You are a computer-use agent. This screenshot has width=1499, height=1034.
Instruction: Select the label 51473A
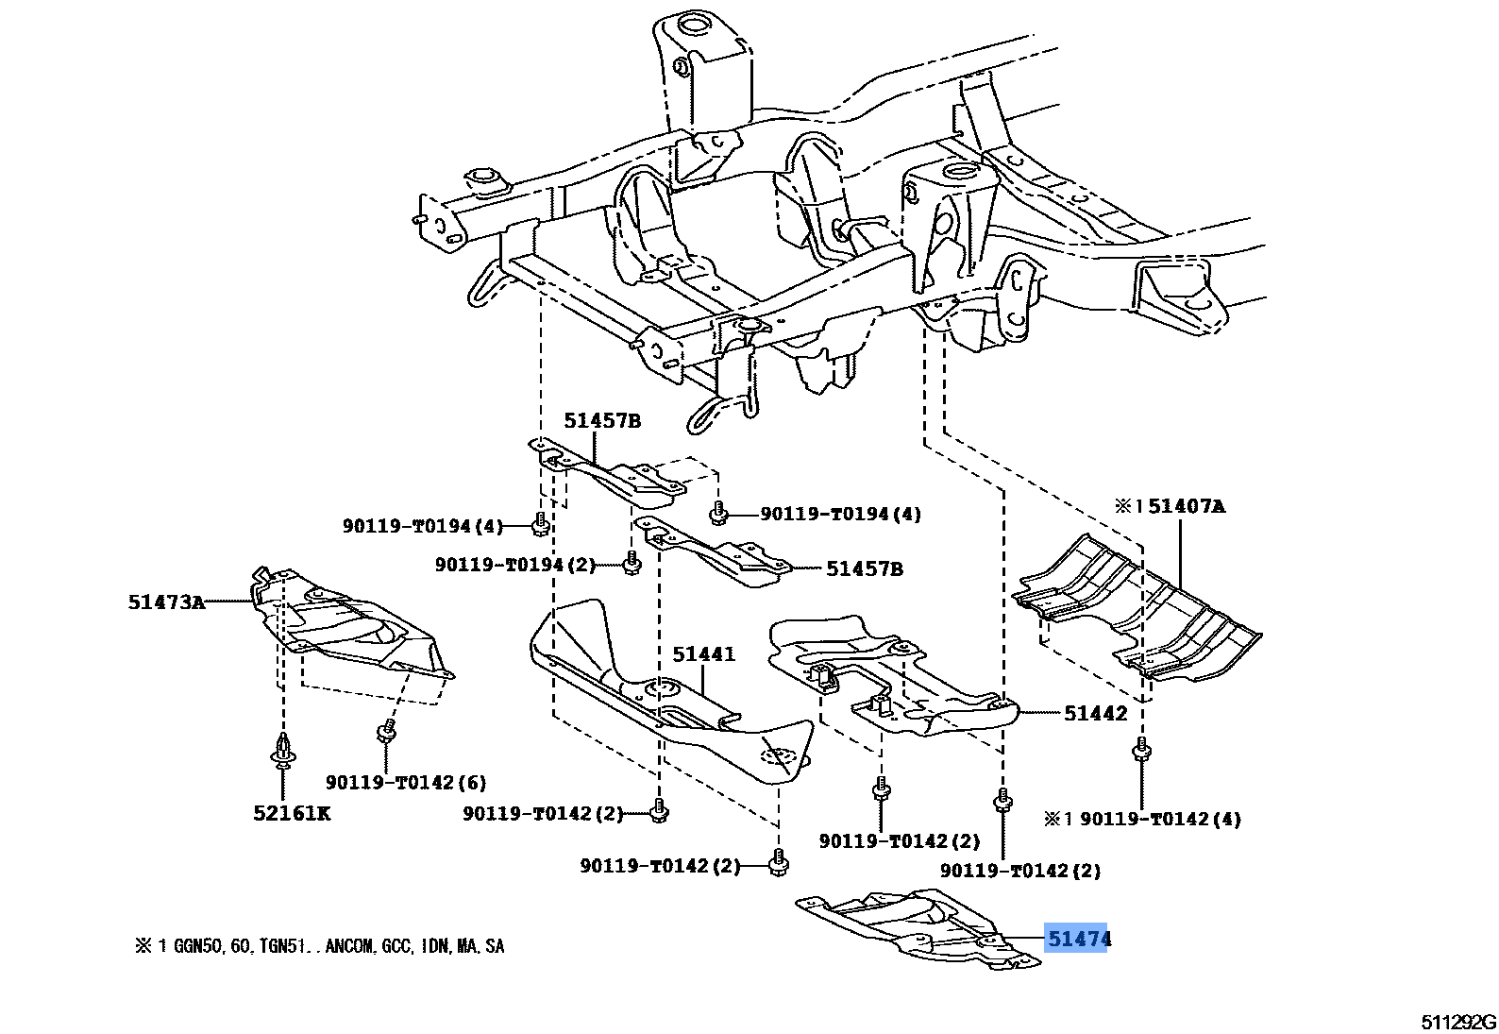(166, 602)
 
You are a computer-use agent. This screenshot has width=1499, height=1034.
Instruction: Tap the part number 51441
(703, 653)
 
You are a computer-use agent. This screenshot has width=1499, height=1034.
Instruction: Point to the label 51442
(1095, 713)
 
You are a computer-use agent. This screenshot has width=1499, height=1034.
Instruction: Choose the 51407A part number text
(1186, 506)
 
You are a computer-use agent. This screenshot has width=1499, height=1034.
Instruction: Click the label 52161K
(292, 813)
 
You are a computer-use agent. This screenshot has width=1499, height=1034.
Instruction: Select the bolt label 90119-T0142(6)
(406, 782)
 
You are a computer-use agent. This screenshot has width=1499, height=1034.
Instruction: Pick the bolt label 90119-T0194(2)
(514, 565)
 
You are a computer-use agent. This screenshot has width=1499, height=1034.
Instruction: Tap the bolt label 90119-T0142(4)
(1160, 819)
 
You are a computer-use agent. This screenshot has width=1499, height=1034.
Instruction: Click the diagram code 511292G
(1458, 1022)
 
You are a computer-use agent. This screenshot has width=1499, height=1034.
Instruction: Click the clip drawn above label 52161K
(282, 750)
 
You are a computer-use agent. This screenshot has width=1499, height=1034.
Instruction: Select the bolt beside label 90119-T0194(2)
(632, 565)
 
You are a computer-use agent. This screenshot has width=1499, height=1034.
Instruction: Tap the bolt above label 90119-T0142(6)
(385, 731)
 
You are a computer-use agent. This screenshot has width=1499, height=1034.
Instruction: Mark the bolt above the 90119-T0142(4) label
(1141, 751)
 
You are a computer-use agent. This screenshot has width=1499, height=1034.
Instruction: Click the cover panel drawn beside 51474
(916, 927)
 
